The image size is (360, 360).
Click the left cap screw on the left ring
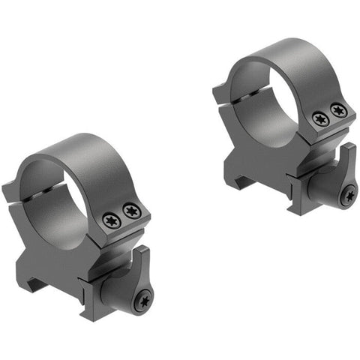coord(110,220)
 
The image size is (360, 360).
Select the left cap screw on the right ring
coord(320,118)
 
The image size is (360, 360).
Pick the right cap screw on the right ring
coord(339,111)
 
